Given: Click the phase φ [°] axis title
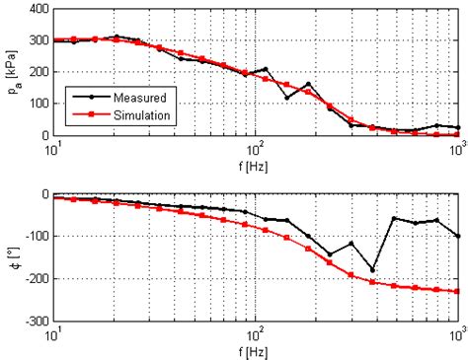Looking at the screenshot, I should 11,257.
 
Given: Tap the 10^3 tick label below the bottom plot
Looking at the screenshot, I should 455,332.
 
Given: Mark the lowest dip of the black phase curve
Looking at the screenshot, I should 372,269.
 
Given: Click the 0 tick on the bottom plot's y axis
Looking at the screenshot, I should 43,195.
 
